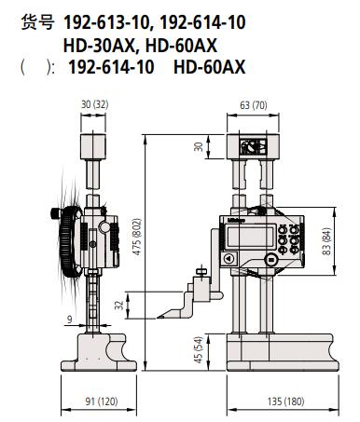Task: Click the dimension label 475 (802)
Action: pyautogui.click(x=137, y=237)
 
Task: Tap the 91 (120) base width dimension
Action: pyautogui.click(x=102, y=402)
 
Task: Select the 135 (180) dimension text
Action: pyautogui.click(x=286, y=402)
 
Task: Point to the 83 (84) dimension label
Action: pyautogui.click(x=326, y=241)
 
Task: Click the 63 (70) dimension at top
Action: pyautogui.click(x=253, y=105)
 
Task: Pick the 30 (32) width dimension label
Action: pyautogui.click(x=94, y=104)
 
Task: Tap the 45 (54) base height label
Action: pyautogui.click(x=198, y=349)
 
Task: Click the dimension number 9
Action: pyautogui.click(x=70, y=320)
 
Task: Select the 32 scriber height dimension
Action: pyautogui.click(x=119, y=306)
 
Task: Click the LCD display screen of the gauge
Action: pyautogui.click(x=250, y=238)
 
